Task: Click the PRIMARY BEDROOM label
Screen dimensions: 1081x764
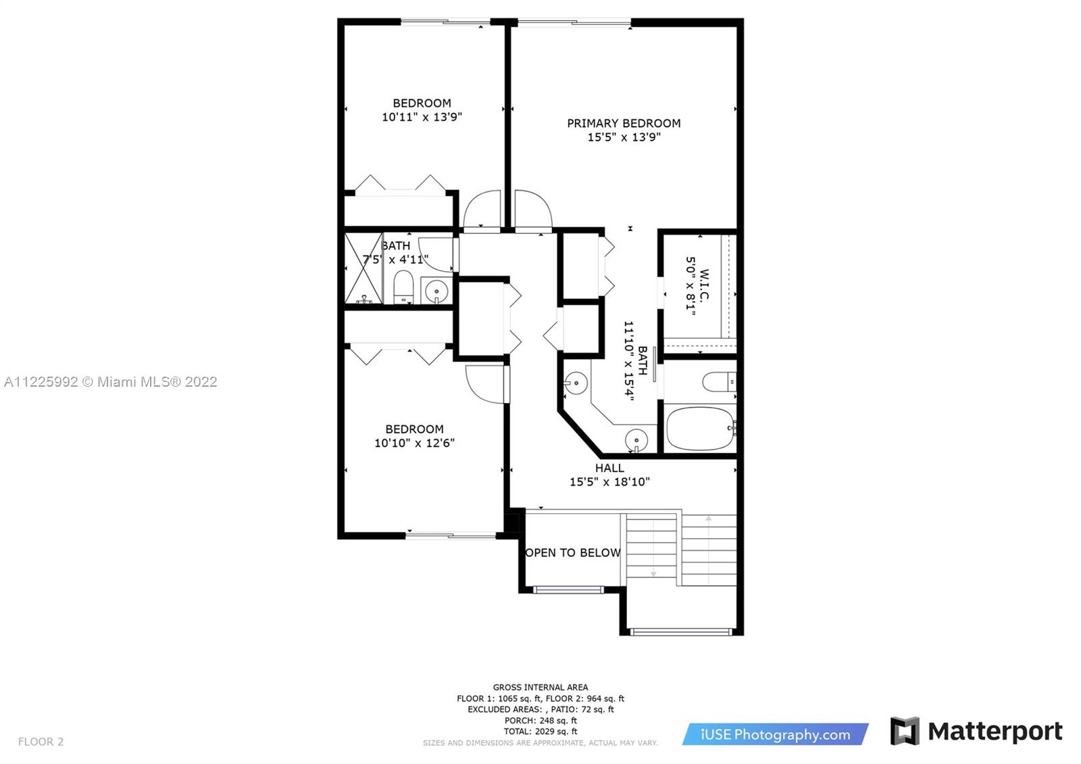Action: pos(624,123)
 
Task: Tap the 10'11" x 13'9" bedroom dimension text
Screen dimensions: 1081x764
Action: pos(422,117)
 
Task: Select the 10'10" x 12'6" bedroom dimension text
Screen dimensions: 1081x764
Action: pos(415,443)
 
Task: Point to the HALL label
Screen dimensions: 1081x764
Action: pos(609,468)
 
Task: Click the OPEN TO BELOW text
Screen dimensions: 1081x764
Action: pos(573,552)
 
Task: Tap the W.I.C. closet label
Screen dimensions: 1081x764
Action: pos(704,285)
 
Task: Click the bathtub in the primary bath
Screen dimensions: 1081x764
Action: pos(700,429)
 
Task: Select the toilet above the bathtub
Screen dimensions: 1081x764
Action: pos(719,382)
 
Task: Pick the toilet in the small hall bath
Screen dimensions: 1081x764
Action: pos(403,287)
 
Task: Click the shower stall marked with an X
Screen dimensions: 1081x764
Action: pos(363,268)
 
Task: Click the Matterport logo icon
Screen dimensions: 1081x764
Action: pos(905,731)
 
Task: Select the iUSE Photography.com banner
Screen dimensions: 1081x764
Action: pos(775,734)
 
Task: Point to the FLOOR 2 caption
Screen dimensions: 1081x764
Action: pos(41,741)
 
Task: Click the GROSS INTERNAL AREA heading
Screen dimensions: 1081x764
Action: pos(540,687)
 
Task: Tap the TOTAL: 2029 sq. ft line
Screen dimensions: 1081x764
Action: pos(540,732)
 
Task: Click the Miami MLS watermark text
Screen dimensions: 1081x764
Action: pos(111,382)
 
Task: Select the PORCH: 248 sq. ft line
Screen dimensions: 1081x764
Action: pos(540,721)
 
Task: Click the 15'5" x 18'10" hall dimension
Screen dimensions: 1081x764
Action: pos(609,482)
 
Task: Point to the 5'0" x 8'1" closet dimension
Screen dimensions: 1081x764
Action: pos(690,286)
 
